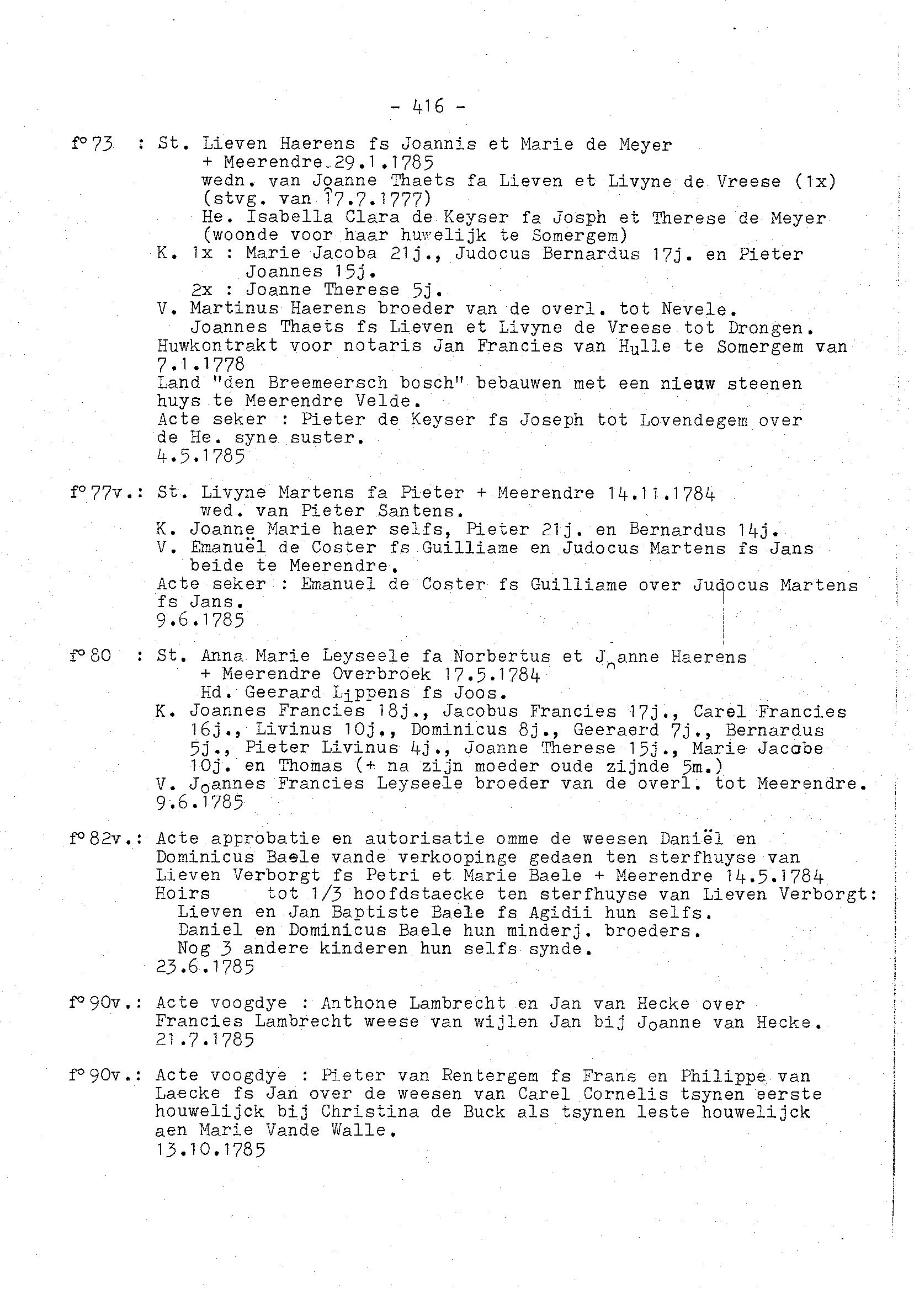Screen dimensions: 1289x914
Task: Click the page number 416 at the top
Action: (x=428, y=106)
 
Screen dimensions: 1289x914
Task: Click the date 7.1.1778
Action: (x=201, y=364)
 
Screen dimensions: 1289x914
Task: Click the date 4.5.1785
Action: (x=201, y=456)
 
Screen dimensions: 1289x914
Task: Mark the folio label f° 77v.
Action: (x=105, y=493)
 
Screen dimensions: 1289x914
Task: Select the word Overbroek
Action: (x=381, y=674)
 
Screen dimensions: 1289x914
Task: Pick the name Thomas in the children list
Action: (x=310, y=766)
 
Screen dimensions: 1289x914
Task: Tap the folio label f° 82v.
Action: (x=105, y=839)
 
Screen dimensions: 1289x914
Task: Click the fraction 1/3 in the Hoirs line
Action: (x=322, y=894)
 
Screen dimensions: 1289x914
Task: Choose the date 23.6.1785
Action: (x=205, y=967)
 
